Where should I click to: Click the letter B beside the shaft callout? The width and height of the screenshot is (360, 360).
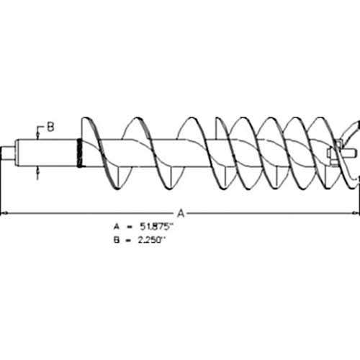(50, 127)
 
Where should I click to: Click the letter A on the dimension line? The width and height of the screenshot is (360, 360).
(181, 213)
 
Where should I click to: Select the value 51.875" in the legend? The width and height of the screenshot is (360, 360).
(156, 227)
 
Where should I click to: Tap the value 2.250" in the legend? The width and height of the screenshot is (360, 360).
(152, 240)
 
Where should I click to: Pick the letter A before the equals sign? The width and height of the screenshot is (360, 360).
(117, 227)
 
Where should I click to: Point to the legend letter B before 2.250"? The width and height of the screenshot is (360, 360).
(117, 240)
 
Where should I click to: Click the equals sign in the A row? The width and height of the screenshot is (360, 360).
(130, 227)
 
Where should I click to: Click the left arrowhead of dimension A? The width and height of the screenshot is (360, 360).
(4, 212)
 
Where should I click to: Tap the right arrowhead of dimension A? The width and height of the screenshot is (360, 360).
(356, 212)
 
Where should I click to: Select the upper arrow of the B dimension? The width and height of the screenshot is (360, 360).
(37, 135)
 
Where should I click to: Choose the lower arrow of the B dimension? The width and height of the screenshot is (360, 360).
(37, 171)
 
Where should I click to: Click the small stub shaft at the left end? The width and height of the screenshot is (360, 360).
(9, 153)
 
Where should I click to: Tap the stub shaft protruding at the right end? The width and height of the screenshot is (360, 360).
(350, 153)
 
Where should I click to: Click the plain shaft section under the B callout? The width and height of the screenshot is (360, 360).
(46, 153)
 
